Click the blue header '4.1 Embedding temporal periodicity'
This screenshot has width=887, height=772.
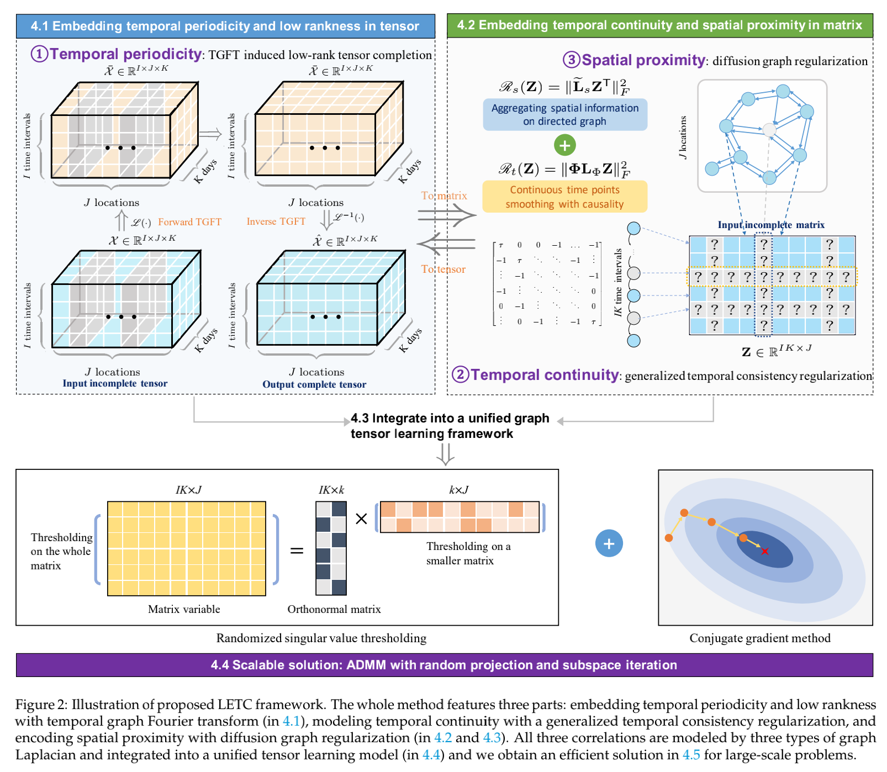[x=225, y=26]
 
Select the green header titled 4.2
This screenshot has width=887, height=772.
[x=659, y=25]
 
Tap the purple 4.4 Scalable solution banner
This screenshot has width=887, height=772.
[x=443, y=665]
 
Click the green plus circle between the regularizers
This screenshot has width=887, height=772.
[x=564, y=145]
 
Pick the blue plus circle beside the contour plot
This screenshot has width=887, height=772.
[x=609, y=543]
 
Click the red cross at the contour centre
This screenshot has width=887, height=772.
[x=764, y=551]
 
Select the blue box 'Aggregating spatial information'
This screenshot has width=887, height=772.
[x=564, y=114]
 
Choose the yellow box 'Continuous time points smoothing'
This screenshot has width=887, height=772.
[x=564, y=197]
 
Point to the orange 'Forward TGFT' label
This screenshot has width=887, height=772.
[x=189, y=222]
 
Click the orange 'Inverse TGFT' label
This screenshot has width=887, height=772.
[x=276, y=221]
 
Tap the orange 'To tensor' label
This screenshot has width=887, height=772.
[x=443, y=269]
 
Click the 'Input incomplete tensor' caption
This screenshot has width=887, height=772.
[x=115, y=383]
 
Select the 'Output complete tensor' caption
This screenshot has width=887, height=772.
[x=314, y=384]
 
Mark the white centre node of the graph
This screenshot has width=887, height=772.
[x=769, y=130]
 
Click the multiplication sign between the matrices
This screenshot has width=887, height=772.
[x=361, y=519]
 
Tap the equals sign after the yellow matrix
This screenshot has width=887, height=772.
[x=297, y=551]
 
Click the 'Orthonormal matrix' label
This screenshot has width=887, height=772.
[x=334, y=609]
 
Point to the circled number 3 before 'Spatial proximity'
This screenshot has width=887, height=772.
[x=571, y=60]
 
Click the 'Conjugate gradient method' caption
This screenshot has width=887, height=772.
[x=759, y=638]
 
